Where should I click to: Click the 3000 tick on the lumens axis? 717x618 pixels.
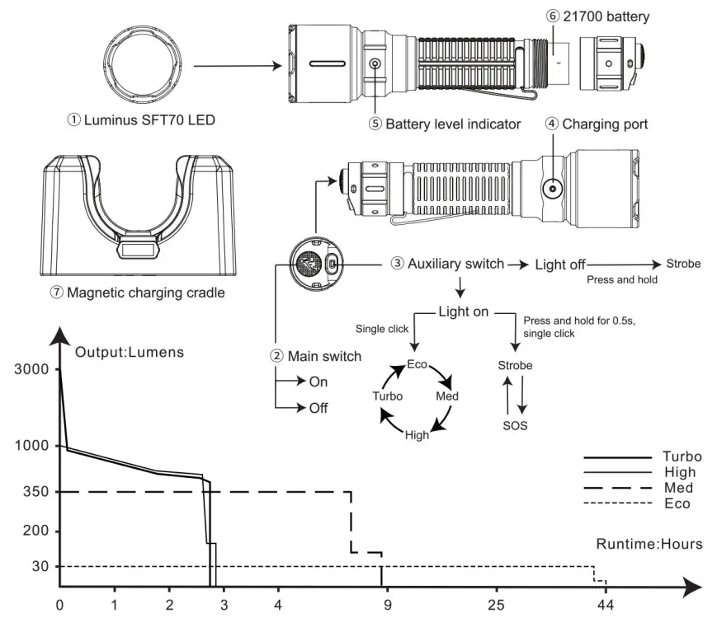[33, 370]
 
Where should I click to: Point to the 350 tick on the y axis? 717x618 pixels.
[38, 492]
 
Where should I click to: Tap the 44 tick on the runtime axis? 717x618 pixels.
[606, 606]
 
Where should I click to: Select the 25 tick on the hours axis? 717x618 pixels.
[497, 606]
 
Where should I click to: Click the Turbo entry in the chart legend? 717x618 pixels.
[682, 456]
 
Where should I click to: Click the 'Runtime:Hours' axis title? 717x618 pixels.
[649, 544]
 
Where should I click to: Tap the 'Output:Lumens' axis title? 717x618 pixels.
[130, 352]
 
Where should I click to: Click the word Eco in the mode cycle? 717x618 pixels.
[417, 364]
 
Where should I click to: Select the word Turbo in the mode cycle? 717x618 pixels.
[388, 396]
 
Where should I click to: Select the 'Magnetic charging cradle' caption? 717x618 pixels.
[137, 293]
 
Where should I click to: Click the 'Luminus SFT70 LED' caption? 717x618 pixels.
[141, 120]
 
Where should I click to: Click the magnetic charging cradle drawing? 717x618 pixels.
[137, 216]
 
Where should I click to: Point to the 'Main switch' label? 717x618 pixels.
[316, 356]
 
